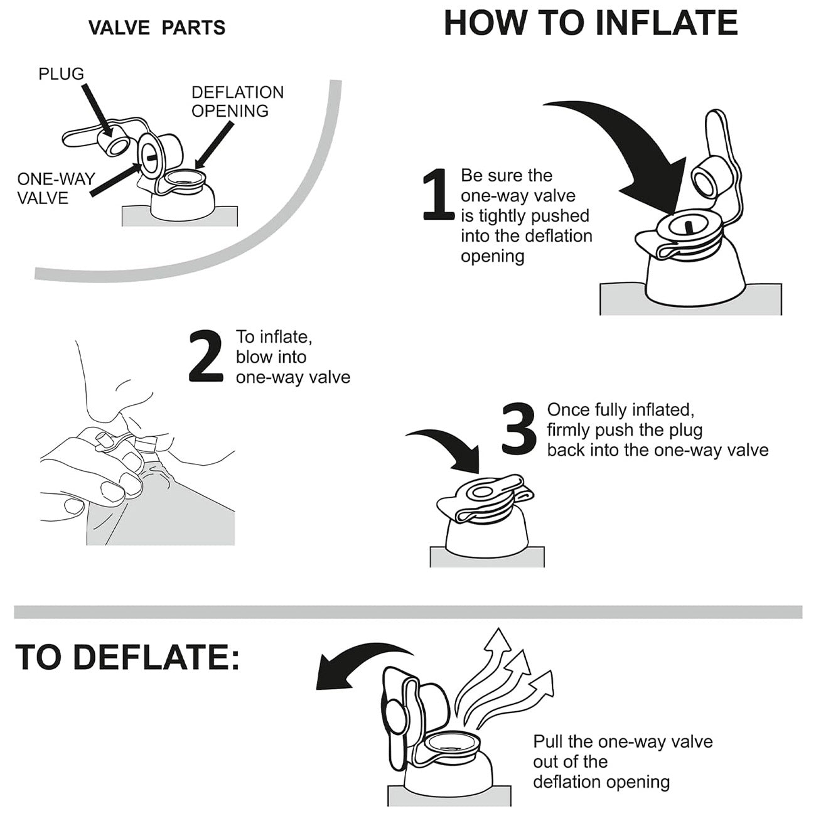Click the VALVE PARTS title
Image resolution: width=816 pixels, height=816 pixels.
click(x=157, y=28)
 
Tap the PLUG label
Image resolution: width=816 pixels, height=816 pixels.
click(x=62, y=74)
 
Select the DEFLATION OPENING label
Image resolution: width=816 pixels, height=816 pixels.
click(x=237, y=102)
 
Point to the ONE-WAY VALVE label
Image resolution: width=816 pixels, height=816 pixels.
click(x=56, y=189)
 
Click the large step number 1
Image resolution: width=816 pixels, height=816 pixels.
click(x=438, y=194)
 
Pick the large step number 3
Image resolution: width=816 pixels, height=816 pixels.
click(x=519, y=428)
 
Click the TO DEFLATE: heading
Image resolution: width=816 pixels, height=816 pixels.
click(x=127, y=657)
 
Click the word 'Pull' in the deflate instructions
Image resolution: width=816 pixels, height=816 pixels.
click(x=547, y=741)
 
